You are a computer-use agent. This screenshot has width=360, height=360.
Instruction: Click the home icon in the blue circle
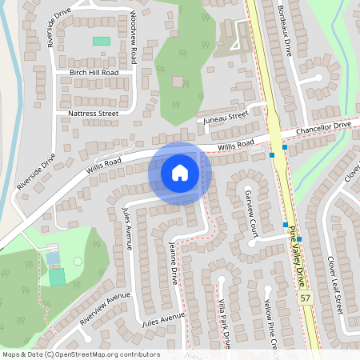pos(180,172)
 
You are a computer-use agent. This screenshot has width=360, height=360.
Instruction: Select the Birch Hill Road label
pos(94,72)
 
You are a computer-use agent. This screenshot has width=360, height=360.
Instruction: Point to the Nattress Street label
pos(93,114)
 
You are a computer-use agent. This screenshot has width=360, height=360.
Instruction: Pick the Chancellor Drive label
pos(323,128)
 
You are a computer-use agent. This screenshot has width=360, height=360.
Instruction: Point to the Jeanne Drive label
pos(173,265)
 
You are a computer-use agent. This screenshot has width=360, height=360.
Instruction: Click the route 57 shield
pos(305,298)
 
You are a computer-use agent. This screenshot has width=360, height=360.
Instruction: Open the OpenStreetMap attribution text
pos(81,354)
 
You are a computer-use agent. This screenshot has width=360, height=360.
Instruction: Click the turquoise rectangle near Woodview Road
pos(102,41)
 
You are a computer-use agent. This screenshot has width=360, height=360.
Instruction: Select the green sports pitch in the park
pos(57,277)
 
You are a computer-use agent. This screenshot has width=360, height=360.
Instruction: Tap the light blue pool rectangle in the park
pos(53,258)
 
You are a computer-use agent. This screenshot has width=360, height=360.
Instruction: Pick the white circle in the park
pos(78,261)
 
